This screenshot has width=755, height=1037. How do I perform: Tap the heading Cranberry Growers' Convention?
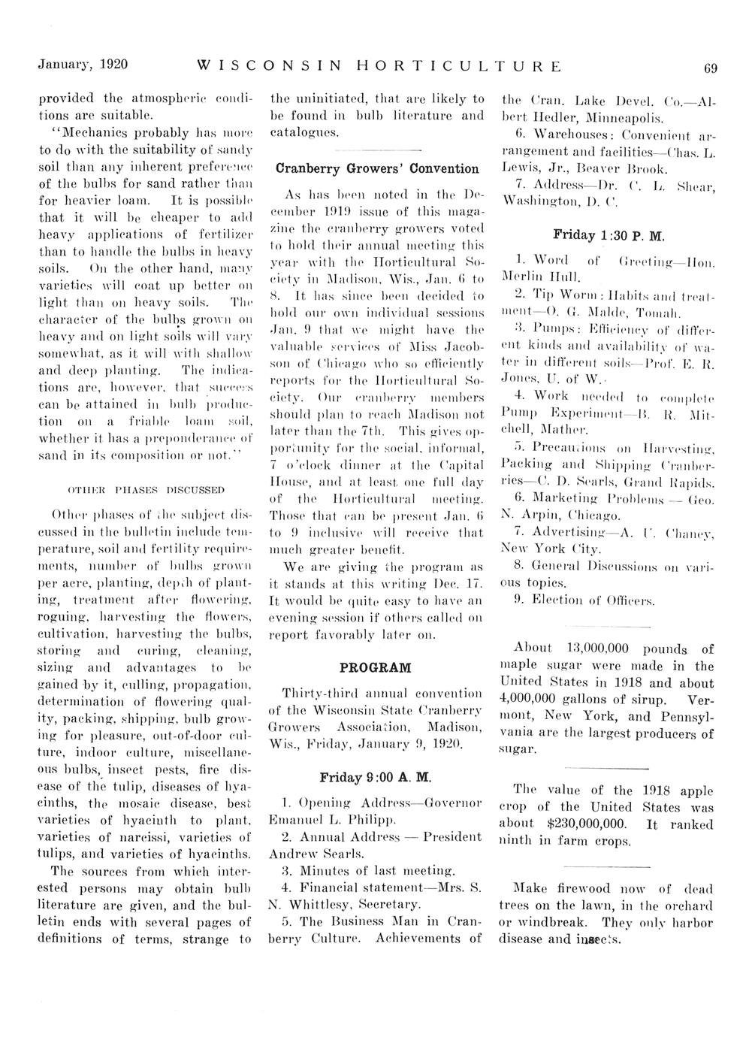376,168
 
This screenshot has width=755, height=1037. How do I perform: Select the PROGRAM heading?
376,667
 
